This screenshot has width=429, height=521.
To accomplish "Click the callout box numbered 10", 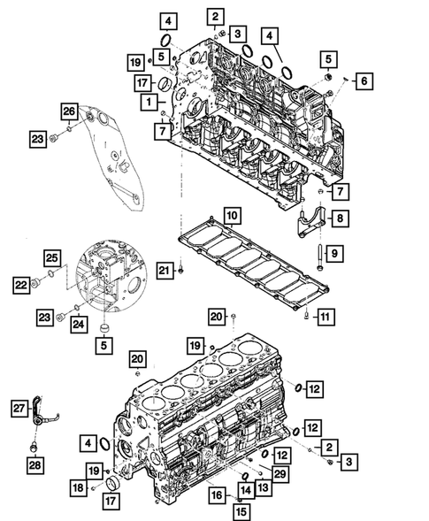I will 230,215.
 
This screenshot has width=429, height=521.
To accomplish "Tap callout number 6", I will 363,81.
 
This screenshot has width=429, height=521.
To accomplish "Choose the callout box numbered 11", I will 326,316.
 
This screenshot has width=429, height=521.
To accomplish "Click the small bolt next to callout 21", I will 180,269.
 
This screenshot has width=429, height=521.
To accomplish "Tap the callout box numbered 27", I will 19,406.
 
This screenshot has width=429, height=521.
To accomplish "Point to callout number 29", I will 280,476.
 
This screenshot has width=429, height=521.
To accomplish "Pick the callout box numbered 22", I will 19,284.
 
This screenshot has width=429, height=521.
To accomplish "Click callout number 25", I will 52,257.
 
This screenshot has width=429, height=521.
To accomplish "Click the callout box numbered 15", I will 237,510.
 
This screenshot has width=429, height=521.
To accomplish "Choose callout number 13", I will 264,487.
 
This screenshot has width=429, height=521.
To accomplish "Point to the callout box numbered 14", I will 246,488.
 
